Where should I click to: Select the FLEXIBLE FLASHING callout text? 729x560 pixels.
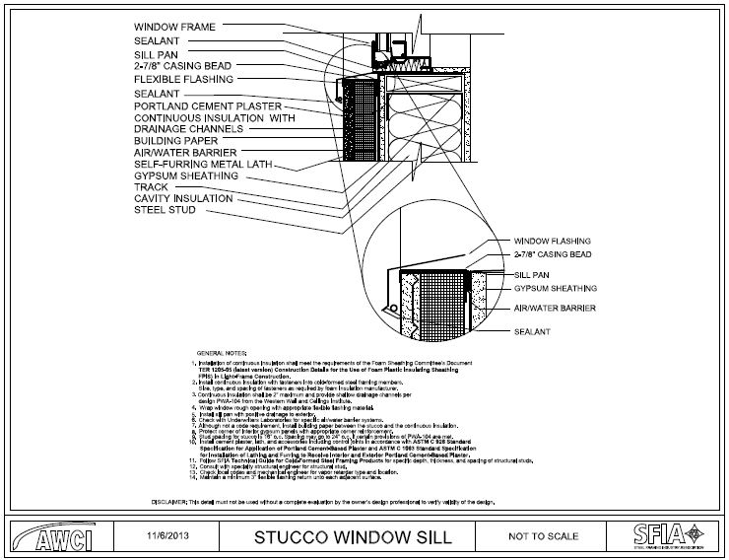click(x=182, y=79)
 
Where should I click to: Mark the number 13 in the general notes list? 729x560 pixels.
click(x=190, y=472)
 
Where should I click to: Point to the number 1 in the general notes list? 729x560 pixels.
click(x=190, y=364)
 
